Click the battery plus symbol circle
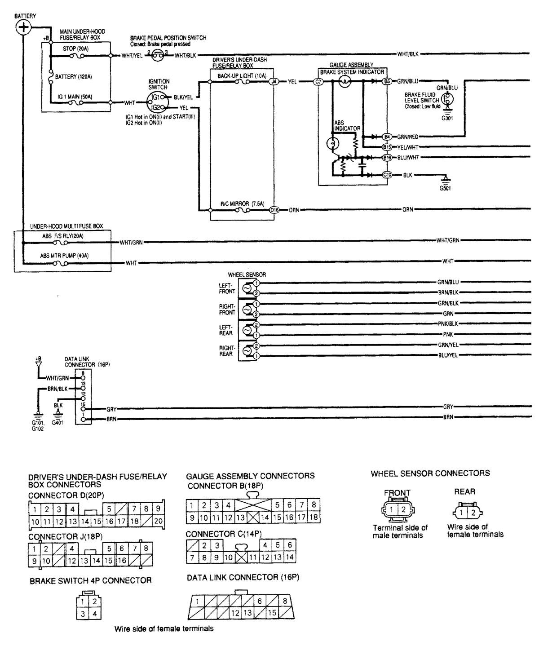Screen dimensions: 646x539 [x=23, y=27]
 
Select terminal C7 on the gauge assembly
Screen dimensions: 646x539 [x=318, y=82]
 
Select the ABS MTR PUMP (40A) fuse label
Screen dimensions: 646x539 [x=64, y=256]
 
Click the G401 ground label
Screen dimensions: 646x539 [x=57, y=423]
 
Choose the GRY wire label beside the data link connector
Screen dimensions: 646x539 [x=112, y=409]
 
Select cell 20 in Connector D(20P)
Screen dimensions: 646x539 [x=158, y=522]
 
